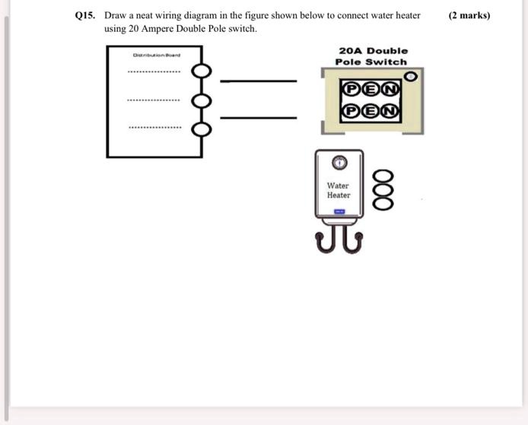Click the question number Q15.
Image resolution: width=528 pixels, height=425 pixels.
(84, 15)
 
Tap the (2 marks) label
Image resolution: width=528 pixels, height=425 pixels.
(469, 15)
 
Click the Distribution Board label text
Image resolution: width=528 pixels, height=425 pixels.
(155, 55)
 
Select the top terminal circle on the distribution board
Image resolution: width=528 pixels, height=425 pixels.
(201, 71)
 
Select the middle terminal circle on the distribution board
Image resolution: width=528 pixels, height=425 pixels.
(201, 100)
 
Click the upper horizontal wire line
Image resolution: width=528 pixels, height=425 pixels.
(258, 81)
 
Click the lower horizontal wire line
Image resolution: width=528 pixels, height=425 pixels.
(258, 118)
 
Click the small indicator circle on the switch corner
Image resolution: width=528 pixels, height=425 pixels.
(412, 76)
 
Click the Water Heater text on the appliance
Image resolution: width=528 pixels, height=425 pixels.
(339, 190)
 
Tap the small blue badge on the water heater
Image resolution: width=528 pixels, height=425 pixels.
(339, 212)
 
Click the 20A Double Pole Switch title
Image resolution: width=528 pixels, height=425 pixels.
(372, 56)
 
